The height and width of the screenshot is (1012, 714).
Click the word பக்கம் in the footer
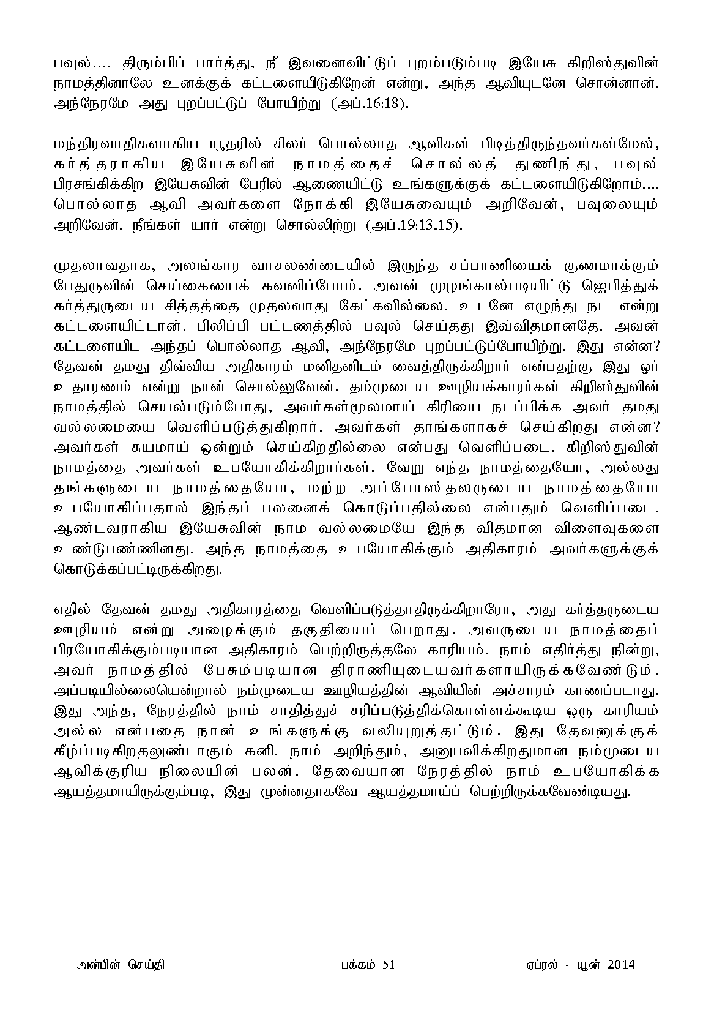pyautogui.click(x=353, y=965)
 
